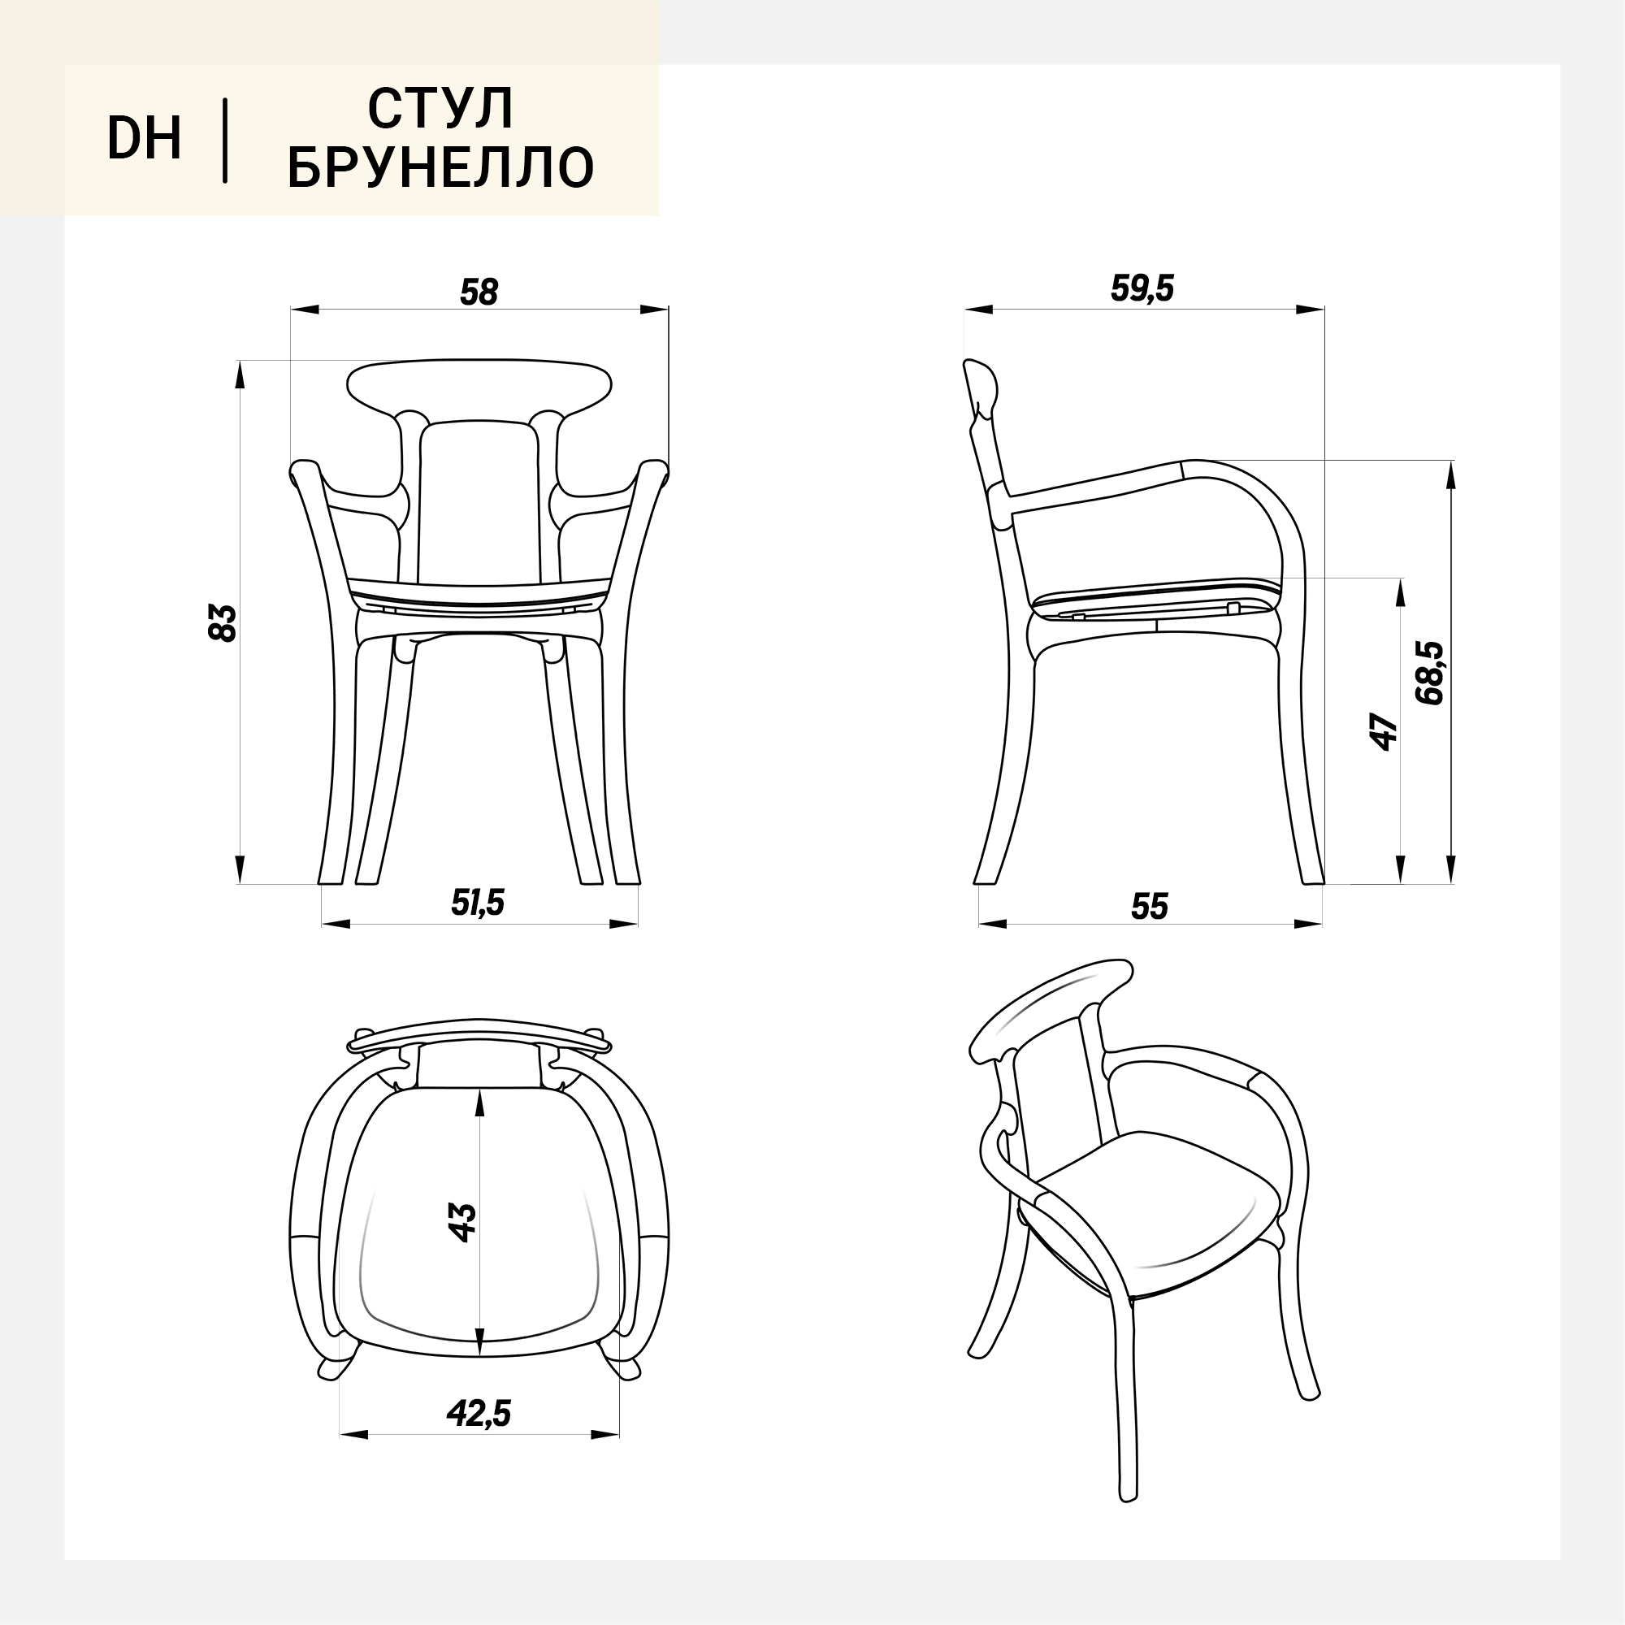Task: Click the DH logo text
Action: click(144, 138)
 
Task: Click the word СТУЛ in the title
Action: click(440, 109)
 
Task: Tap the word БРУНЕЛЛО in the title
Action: click(440, 167)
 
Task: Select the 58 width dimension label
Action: click(479, 291)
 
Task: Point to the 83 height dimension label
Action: click(223, 622)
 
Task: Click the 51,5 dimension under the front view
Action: click(478, 902)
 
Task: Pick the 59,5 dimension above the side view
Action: click(1142, 288)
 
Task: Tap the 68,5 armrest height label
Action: click(1429, 672)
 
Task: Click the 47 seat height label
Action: click(1384, 731)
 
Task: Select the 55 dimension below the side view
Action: click(1150, 906)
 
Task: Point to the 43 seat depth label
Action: click(462, 1222)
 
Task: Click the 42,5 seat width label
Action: click(479, 1413)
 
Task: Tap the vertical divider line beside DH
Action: click(224, 141)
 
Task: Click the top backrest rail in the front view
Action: click(479, 386)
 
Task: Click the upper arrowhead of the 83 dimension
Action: click(240, 375)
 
